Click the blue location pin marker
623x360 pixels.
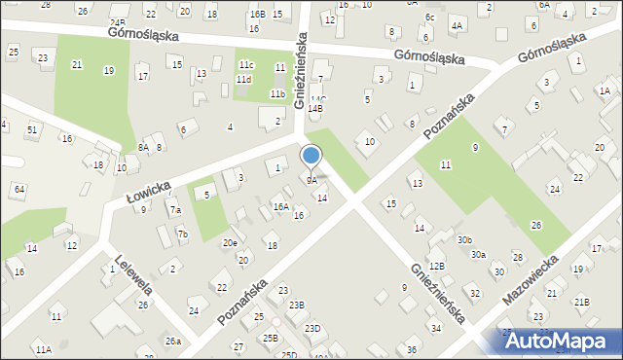[x=311, y=157]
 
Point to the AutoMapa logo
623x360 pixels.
[x=561, y=340]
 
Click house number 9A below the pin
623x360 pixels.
[x=311, y=180]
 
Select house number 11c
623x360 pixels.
[x=245, y=64]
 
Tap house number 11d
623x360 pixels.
[x=243, y=80]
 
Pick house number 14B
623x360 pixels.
[x=314, y=109]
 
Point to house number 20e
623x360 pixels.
[x=230, y=243]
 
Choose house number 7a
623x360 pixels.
[x=175, y=209]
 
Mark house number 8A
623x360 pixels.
[x=143, y=147]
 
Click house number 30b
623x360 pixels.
[x=464, y=239]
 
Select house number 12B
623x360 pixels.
[x=437, y=266]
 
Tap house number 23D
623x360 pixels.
[x=311, y=329]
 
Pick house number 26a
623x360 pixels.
[x=172, y=341]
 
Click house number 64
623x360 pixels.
[x=19, y=188]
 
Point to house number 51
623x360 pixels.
[x=33, y=129]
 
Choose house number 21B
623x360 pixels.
[x=581, y=303]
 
